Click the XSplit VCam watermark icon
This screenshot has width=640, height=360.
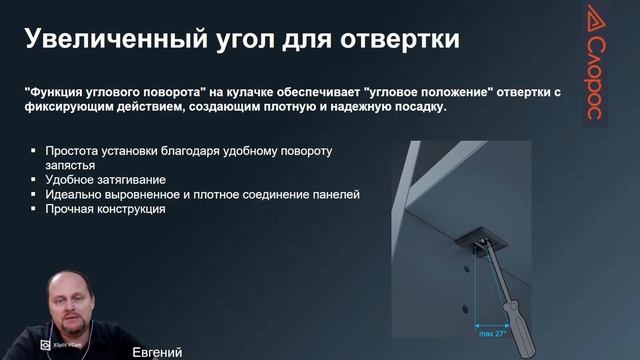point(46,344)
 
